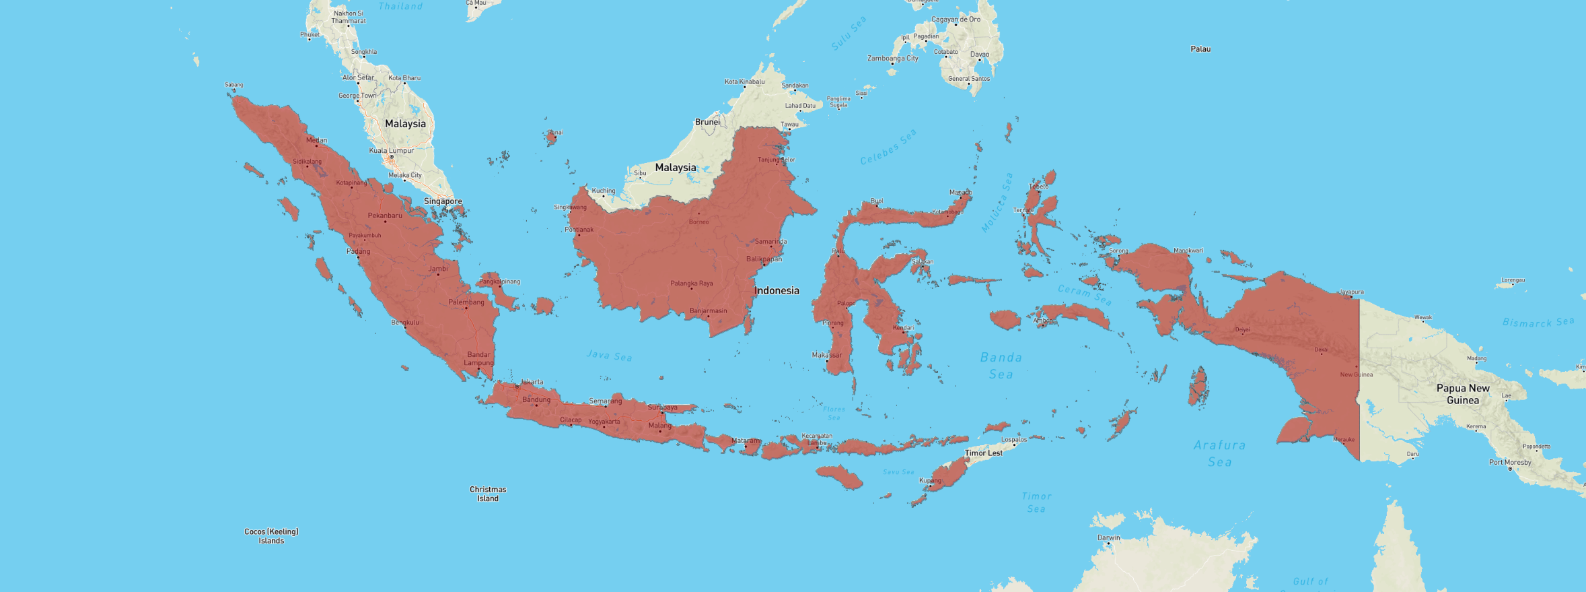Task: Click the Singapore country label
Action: (443, 201)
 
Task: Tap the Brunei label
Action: (707, 122)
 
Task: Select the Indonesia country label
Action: (777, 291)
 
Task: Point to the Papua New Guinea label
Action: (1462, 394)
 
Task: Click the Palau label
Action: (1200, 49)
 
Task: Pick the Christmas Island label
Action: (488, 494)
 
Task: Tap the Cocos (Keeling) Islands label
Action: (271, 536)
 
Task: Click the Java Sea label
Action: (609, 355)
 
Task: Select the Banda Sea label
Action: (1001, 366)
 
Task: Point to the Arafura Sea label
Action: (1219, 453)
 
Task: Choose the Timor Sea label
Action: (1036, 502)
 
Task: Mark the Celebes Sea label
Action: (888, 147)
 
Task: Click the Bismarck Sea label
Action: (1538, 323)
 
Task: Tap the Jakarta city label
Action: (532, 382)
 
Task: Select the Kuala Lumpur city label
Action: (392, 151)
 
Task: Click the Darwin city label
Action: (1109, 537)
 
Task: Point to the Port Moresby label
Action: (1510, 462)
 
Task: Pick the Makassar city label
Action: (826, 355)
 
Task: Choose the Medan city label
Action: (317, 140)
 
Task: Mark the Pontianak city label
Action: (579, 230)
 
